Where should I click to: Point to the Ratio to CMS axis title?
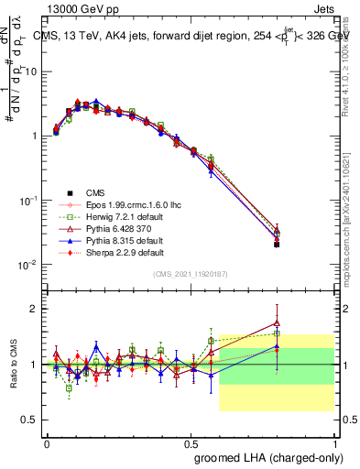[x=12, y=364]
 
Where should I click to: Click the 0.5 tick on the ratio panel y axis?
[x=32, y=420]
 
